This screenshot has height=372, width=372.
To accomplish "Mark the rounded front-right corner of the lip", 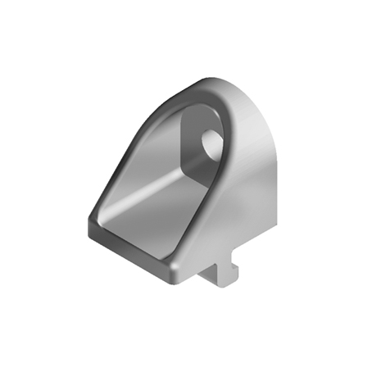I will (174, 271).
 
